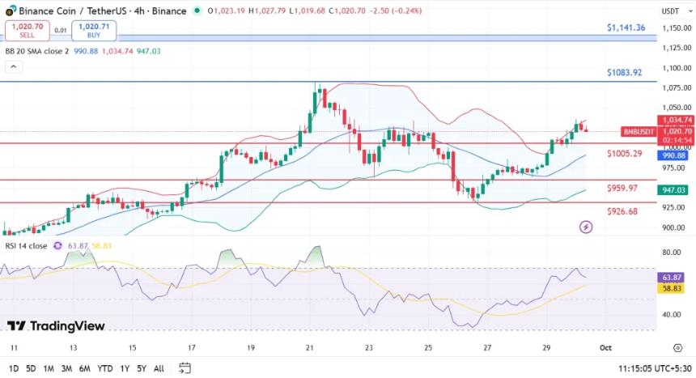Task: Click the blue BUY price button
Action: pyautogui.click(x=94, y=31)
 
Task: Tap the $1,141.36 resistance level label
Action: pyautogui.click(x=626, y=28)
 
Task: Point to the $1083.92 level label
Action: pyautogui.click(x=624, y=72)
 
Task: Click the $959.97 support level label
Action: pyautogui.click(x=623, y=188)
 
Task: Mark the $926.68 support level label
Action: pyautogui.click(x=623, y=211)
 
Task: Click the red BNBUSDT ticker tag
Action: pyautogui.click(x=639, y=131)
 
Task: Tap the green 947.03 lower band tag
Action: pyautogui.click(x=673, y=190)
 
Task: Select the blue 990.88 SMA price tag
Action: pyautogui.click(x=673, y=155)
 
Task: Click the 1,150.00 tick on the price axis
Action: pyautogui.click(x=674, y=28)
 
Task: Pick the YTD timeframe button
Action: pyautogui.click(x=104, y=368)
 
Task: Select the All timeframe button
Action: pyautogui.click(x=159, y=368)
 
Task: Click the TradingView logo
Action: pyautogui.click(x=56, y=325)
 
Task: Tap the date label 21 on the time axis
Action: pyautogui.click(x=310, y=346)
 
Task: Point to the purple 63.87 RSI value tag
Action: pyautogui.click(x=673, y=277)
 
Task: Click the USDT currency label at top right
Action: pyautogui.click(x=670, y=11)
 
